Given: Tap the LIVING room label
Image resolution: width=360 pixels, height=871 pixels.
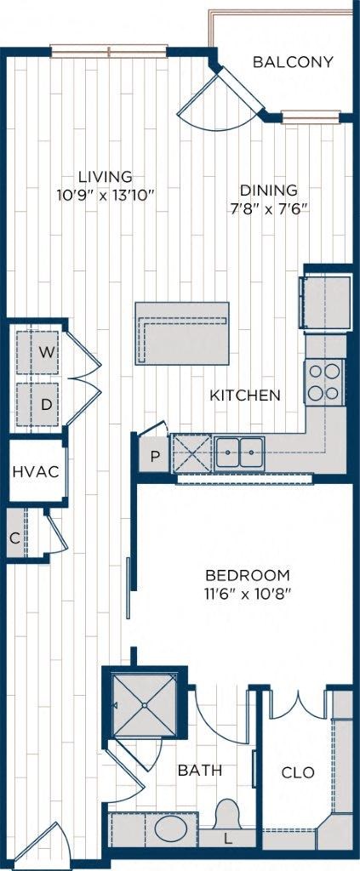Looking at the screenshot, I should pos(106,177).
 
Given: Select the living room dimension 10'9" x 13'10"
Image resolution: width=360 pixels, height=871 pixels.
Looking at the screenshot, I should pos(106,195).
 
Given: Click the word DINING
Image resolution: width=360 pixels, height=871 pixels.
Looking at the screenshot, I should pos(268,191).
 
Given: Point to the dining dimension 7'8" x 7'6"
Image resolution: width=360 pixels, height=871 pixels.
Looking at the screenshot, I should pos(268,208).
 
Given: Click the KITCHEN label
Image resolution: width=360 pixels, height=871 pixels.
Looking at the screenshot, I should pos(245,396).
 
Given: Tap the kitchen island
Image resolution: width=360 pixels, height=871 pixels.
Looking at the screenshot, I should pos(182,333).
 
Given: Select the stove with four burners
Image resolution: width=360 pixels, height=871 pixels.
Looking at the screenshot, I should pos(324,381).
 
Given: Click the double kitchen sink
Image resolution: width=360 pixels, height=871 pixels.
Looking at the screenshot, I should pos(239,452).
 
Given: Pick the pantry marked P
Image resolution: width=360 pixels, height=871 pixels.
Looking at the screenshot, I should pos(154,455).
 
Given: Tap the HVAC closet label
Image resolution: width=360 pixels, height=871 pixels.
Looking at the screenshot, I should pos(35,472).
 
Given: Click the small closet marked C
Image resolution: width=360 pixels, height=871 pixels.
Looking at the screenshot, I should pos(14,537).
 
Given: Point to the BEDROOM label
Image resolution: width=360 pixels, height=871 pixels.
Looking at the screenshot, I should pos(248,575).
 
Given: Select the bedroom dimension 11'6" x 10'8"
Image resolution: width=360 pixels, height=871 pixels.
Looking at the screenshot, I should pos(248,594).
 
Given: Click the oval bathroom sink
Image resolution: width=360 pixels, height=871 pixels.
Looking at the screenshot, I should pos(172,828).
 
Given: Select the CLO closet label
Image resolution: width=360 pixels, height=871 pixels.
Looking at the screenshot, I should pos(298,773).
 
